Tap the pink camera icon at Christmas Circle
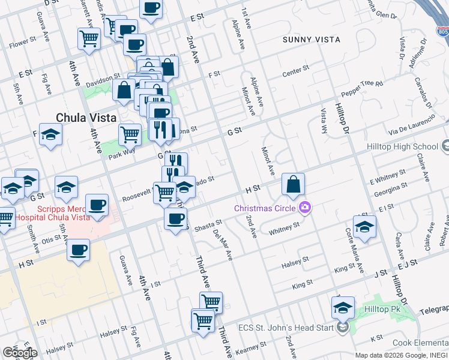point(306,208)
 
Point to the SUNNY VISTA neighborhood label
point(312,40)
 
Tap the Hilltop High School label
point(402,146)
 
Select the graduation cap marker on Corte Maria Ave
point(364,227)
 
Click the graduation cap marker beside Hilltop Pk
point(343,308)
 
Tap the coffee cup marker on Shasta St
point(175,220)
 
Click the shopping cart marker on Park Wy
point(130,135)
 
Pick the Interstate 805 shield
point(442,30)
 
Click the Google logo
point(19,352)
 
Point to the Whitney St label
point(284,229)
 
